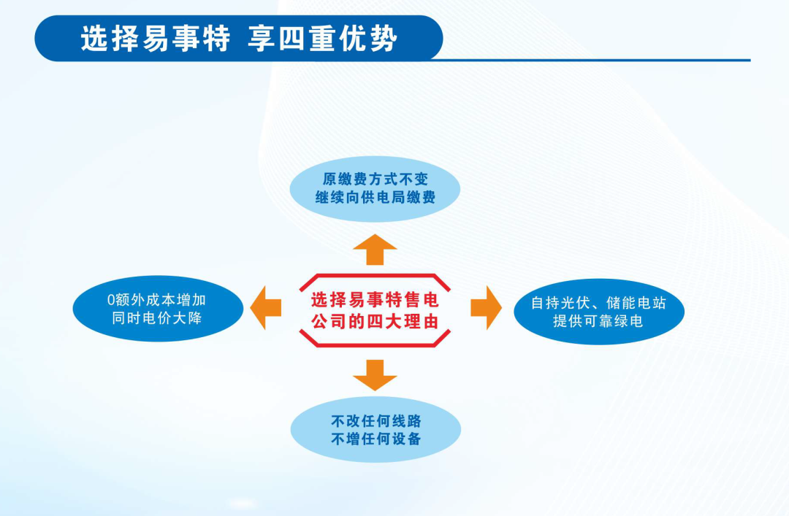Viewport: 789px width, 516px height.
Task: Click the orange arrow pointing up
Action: coord(375,250)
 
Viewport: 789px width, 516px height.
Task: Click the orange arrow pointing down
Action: coord(375,374)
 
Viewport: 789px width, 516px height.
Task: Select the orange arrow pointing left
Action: coord(266,308)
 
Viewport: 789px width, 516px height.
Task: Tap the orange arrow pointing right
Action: coord(486,308)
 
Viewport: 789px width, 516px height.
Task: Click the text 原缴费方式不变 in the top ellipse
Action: coord(375,179)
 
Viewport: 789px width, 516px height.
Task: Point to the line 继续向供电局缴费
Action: coord(375,198)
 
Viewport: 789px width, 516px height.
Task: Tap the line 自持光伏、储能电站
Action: coord(598,302)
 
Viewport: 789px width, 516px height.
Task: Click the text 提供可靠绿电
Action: coord(598,321)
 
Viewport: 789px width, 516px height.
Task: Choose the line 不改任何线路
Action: coord(376,421)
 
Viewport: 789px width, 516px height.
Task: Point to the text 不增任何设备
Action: coord(376,439)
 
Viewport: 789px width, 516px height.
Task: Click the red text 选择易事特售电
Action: coord(375,299)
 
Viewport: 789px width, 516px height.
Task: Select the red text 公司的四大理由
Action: coord(375,320)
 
